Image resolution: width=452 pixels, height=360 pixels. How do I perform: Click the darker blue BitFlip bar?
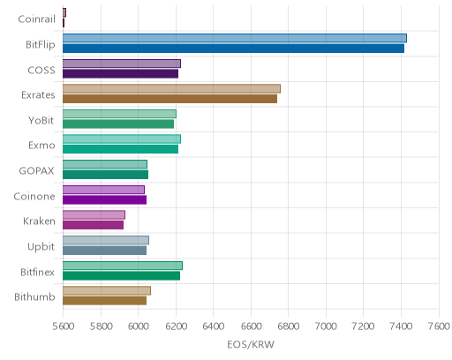[x=233, y=49]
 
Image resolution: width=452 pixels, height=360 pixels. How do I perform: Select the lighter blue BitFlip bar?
[x=235, y=38]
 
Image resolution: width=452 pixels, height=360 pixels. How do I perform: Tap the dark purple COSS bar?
[x=120, y=74]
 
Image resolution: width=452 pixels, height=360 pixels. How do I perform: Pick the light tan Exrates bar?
[x=171, y=88]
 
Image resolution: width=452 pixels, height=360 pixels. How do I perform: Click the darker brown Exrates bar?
[x=169, y=99]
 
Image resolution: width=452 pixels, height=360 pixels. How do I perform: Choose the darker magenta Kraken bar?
[x=93, y=225]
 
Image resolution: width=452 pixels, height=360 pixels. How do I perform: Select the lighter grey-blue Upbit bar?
[x=106, y=240]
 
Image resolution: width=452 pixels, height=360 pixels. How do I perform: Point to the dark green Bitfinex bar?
[x=121, y=276]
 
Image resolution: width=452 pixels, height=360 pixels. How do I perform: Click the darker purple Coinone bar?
[x=104, y=200]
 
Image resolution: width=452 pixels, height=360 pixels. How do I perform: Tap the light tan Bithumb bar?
[x=107, y=290]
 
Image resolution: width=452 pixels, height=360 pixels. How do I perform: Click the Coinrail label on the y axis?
[x=36, y=19]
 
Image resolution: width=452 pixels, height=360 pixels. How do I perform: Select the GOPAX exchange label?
[x=36, y=171]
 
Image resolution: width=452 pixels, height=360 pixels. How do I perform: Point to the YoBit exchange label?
[x=41, y=120]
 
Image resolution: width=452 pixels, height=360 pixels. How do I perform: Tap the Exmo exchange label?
[x=41, y=146]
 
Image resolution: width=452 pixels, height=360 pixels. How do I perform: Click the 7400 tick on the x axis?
[x=401, y=326]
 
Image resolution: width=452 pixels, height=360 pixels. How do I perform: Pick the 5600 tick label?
[x=64, y=326]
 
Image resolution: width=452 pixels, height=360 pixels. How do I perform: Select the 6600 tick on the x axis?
[x=251, y=326]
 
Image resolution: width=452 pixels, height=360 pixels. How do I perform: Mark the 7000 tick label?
[x=326, y=326]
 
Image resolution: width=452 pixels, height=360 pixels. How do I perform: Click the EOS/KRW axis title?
[x=251, y=344]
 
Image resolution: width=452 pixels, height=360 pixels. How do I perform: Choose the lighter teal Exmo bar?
[x=122, y=139]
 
